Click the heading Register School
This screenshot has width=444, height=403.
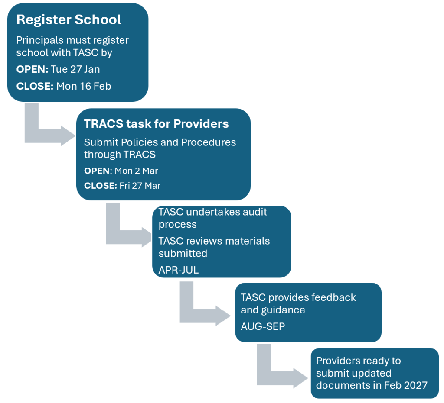click(x=69, y=20)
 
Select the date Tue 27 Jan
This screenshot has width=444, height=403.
click(x=75, y=69)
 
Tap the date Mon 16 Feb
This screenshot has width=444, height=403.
click(x=84, y=86)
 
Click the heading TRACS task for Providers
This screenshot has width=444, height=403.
click(x=156, y=124)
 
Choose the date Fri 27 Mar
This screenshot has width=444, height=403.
click(x=140, y=186)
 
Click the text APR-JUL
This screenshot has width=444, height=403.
click(x=178, y=270)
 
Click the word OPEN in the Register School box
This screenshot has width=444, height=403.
click(x=32, y=69)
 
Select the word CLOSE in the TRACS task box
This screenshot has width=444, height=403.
click(x=100, y=186)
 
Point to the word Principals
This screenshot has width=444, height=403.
click(x=38, y=40)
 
